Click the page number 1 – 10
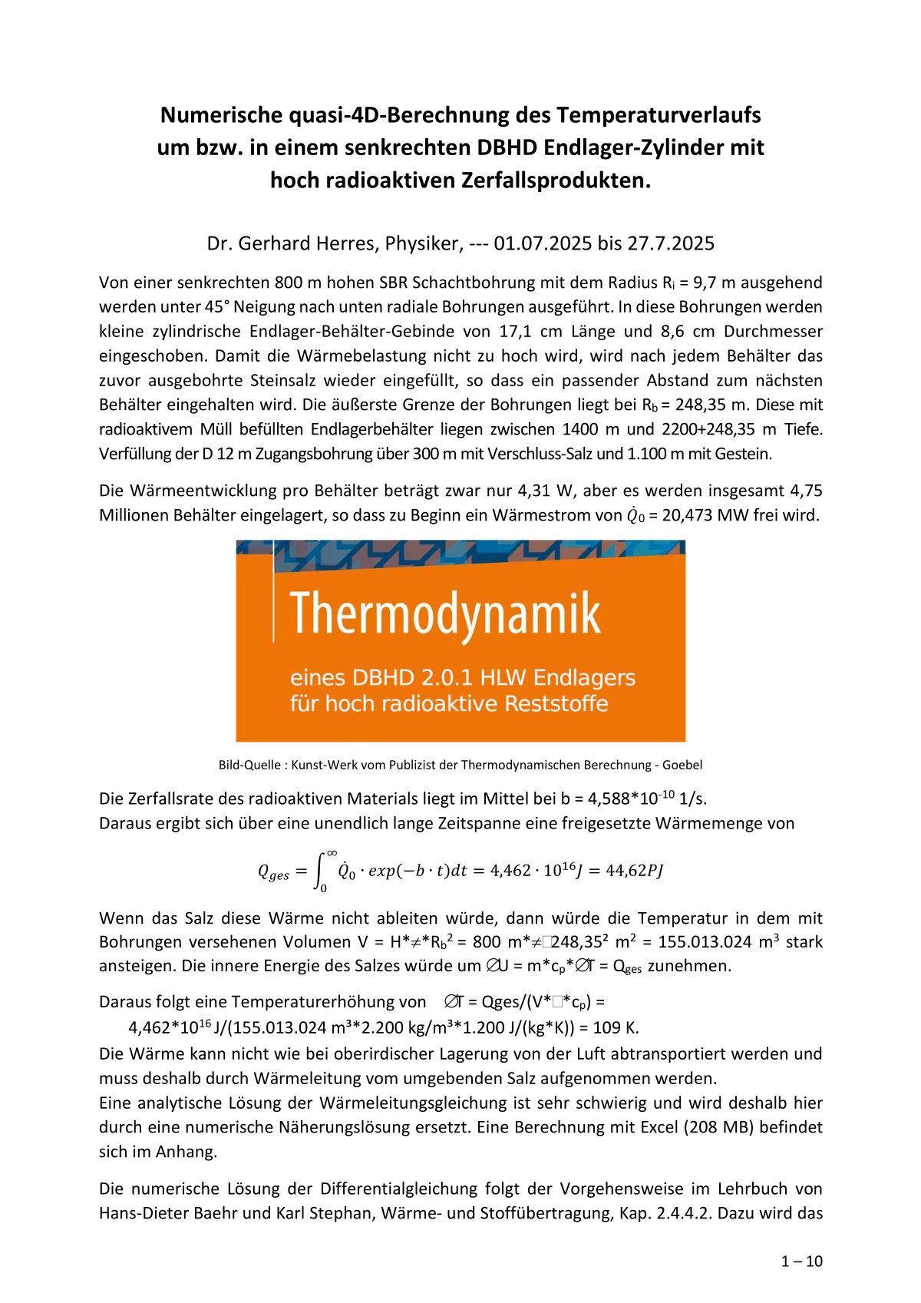coord(801,1261)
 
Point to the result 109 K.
coord(619,1027)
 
